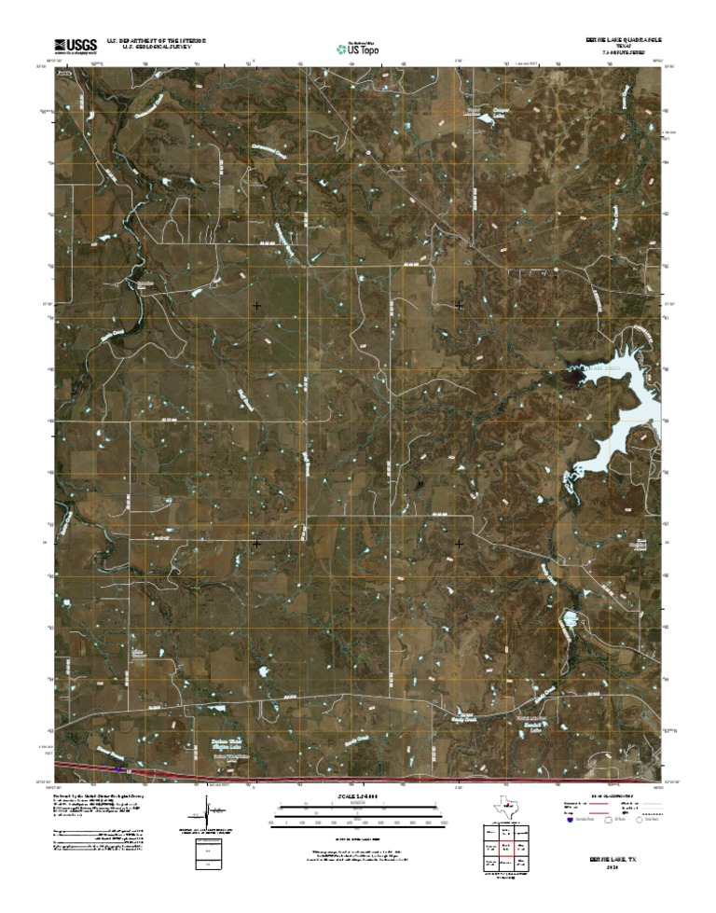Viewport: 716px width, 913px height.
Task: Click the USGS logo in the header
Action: pyautogui.click(x=75, y=45)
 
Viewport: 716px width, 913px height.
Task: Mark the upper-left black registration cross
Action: pyautogui.click(x=256, y=305)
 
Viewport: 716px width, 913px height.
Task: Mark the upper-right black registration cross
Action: pyautogui.click(x=459, y=305)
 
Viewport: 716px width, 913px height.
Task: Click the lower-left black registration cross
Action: pyautogui.click(x=256, y=542)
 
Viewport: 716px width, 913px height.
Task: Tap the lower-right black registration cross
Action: pyautogui.click(x=459, y=542)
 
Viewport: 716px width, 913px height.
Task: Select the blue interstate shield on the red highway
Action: pyautogui.click(x=119, y=768)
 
